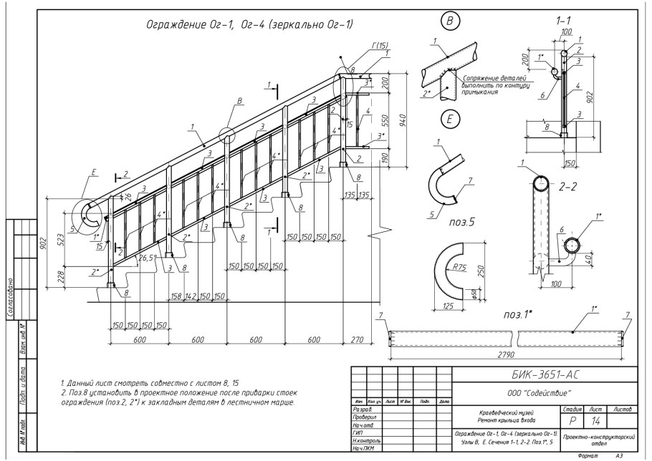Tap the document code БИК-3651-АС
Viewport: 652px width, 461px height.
(546, 374)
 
